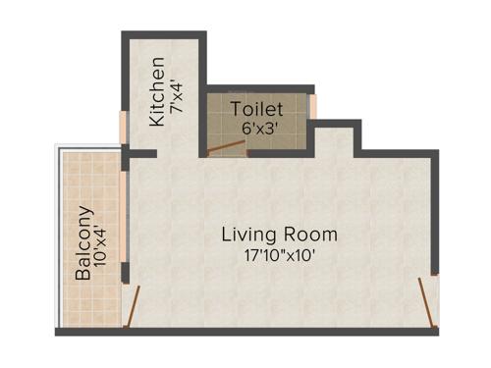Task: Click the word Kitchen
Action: (157, 94)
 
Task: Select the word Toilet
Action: (257, 109)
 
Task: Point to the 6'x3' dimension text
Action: (257, 128)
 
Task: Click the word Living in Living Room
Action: (245, 236)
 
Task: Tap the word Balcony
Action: (84, 243)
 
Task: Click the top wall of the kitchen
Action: (162, 35)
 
